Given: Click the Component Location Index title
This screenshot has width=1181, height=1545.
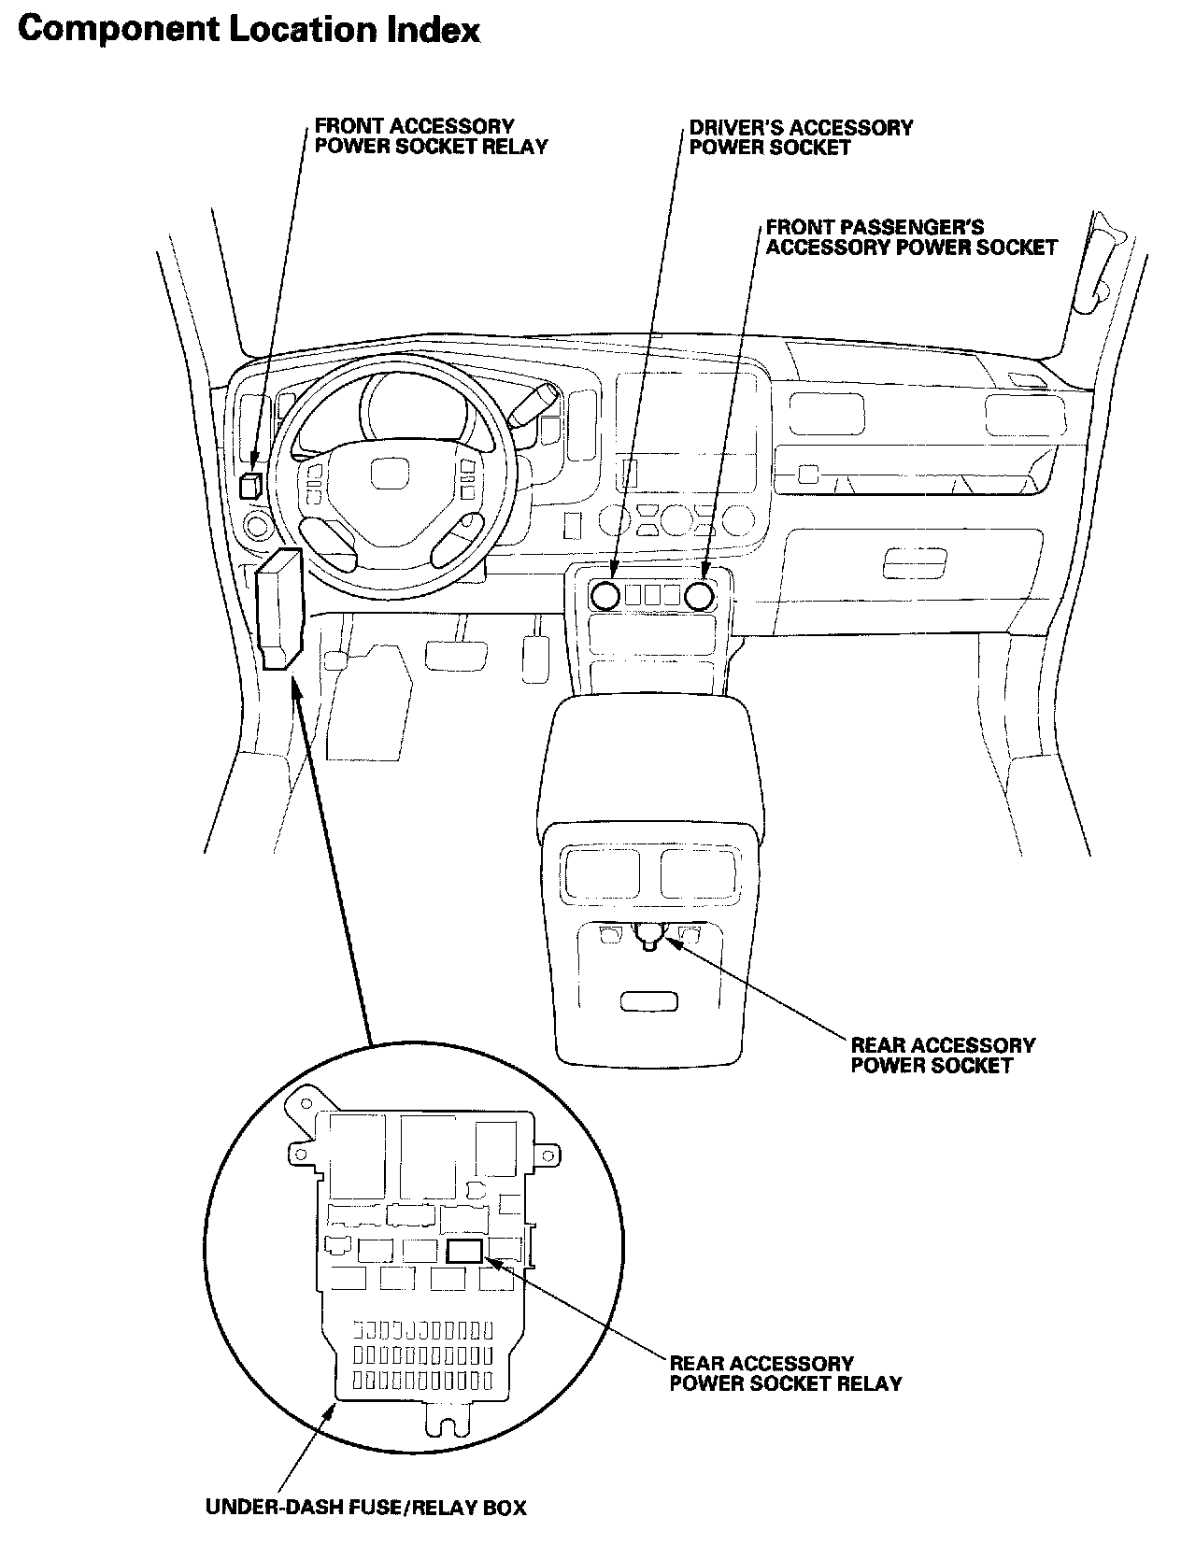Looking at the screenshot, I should point(249,30).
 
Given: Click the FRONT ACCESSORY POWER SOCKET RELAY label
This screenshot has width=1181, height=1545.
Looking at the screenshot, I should point(431,136).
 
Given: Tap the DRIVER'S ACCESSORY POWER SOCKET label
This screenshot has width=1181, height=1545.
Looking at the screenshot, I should point(801,137).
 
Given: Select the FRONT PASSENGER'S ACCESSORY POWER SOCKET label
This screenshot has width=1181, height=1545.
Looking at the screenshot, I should point(911,237).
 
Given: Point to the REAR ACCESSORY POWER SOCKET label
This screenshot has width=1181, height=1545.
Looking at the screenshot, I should point(942,1056).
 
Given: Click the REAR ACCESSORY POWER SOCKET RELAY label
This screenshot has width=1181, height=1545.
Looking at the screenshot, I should point(785,1373).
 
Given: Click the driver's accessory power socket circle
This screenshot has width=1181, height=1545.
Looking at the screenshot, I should point(605,593).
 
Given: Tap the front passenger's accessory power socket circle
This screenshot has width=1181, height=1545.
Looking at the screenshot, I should point(703,593).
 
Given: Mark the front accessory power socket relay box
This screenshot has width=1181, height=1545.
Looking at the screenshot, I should point(250,486).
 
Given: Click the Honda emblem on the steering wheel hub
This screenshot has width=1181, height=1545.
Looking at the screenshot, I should point(384,475).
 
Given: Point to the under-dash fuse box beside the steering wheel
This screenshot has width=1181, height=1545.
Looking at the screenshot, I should point(278,609).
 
